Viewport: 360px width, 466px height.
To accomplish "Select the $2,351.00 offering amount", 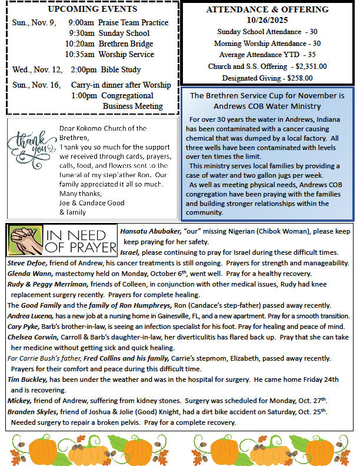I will point(311,66).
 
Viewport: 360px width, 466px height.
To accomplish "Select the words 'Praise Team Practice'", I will point(134,22).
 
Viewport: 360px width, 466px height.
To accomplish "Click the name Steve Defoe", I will point(27,262).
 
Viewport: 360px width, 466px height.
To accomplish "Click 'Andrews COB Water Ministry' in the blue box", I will point(267,106).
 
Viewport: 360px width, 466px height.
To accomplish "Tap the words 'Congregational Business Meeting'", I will point(128,101).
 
